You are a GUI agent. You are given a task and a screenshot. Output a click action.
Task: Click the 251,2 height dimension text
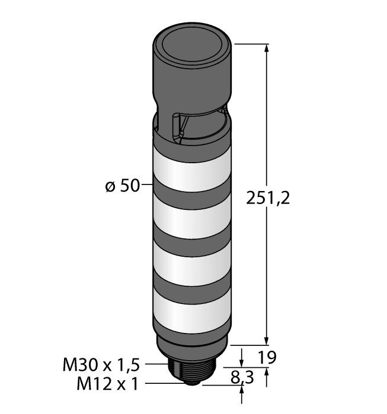(x=267, y=199)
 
